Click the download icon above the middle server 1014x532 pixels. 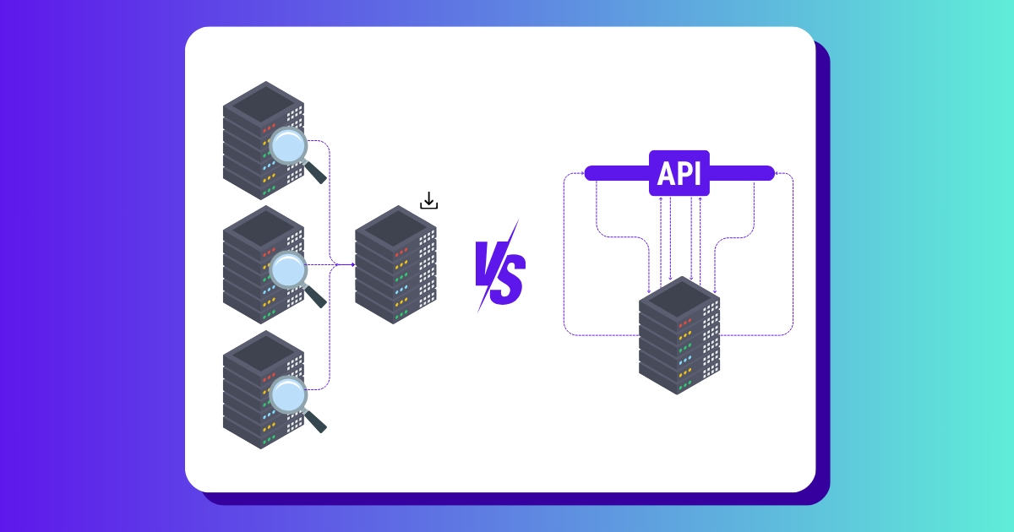[x=429, y=201]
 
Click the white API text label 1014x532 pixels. [x=679, y=173]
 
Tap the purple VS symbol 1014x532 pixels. [x=499, y=266]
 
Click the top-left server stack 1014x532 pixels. [x=263, y=140]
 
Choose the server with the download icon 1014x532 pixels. [x=395, y=264]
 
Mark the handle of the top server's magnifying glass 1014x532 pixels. [x=314, y=172]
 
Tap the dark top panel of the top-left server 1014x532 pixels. [x=263, y=103]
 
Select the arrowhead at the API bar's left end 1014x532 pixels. [x=583, y=175]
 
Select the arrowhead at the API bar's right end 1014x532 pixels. [x=777, y=175]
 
